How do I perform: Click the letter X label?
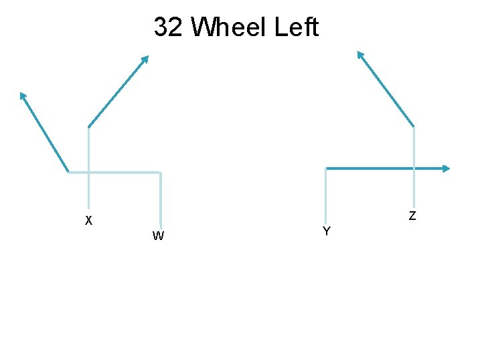tap(88, 220)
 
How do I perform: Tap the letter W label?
tap(159, 235)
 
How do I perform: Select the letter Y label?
tap(326, 231)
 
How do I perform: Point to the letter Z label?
tap(412, 215)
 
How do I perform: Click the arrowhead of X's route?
tap(145, 59)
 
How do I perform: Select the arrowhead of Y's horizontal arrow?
tap(447, 168)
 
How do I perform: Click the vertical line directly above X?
tap(88, 167)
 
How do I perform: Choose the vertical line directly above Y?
tap(325, 194)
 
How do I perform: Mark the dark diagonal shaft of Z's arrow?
tap(388, 90)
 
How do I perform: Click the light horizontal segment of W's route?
tap(114, 172)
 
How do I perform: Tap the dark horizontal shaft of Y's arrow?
tap(385, 168)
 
